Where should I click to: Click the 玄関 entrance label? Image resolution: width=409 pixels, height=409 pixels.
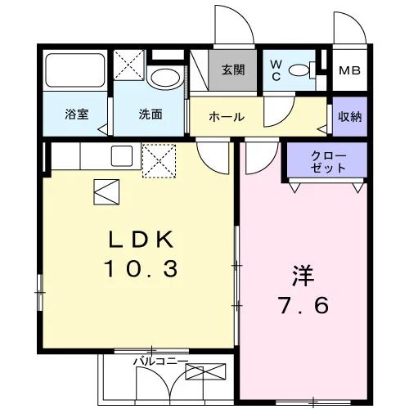pyautogui.click(x=233, y=70)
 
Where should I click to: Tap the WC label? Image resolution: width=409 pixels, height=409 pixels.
pyautogui.click(x=276, y=71)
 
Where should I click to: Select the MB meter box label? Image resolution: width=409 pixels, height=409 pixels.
pyautogui.click(x=349, y=70)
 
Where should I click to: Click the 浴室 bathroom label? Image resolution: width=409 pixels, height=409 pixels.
pyautogui.click(x=77, y=114)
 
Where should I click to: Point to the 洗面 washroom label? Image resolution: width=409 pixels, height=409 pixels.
pyautogui.click(x=151, y=114)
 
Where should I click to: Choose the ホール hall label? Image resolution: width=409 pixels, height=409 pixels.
pyautogui.click(x=227, y=117)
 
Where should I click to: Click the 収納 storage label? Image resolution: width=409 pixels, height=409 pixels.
pyautogui.click(x=350, y=117)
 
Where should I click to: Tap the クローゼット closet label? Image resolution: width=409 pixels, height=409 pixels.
pyautogui.click(x=328, y=162)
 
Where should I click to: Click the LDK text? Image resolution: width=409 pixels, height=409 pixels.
pyautogui.click(x=141, y=239)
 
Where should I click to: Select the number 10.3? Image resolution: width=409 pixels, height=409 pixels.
pyautogui.click(x=141, y=268)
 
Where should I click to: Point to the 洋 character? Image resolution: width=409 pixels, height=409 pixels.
pyautogui.click(x=303, y=276)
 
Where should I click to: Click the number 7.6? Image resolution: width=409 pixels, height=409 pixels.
pyautogui.click(x=303, y=305)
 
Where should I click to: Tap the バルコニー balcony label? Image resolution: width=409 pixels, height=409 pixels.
pyautogui.click(x=161, y=362)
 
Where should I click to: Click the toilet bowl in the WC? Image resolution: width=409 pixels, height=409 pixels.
pyautogui.click(x=301, y=70)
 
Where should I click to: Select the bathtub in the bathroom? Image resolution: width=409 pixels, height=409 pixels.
pyautogui.click(x=75, y=70)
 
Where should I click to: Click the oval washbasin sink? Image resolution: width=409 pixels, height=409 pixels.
pyautogui.click(x=165, y=77)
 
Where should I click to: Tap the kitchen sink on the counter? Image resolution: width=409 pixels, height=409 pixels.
pyautogui.click(x=122, y=156)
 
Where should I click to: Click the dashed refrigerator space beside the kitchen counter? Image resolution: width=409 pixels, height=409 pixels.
pyautogui.click(x=160, y=161)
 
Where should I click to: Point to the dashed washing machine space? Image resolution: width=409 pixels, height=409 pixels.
pyautogui.click(x=128, y=65)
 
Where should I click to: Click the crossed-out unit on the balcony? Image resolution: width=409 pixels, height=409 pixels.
pyautogui.click(x=205, y=371)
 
